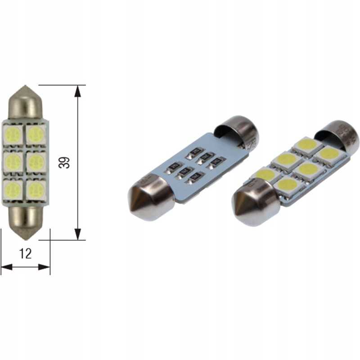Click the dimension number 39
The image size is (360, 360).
65,162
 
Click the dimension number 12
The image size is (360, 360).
26,254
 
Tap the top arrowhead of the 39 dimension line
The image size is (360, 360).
78,90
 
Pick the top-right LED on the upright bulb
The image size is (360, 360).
36,134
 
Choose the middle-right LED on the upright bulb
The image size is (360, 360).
36,162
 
